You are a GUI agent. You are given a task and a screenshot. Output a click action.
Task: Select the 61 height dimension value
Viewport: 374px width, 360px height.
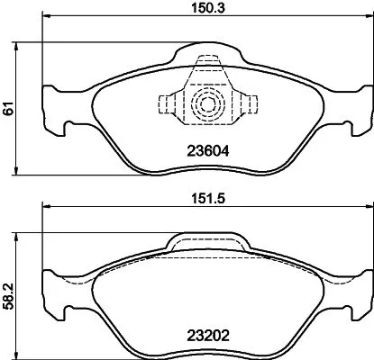(x=8, y=108)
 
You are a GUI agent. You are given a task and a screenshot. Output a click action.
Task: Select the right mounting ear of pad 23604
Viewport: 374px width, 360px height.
(x=359, y=106)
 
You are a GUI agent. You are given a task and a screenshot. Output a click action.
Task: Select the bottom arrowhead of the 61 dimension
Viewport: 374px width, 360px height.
(x=22, y=172)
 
